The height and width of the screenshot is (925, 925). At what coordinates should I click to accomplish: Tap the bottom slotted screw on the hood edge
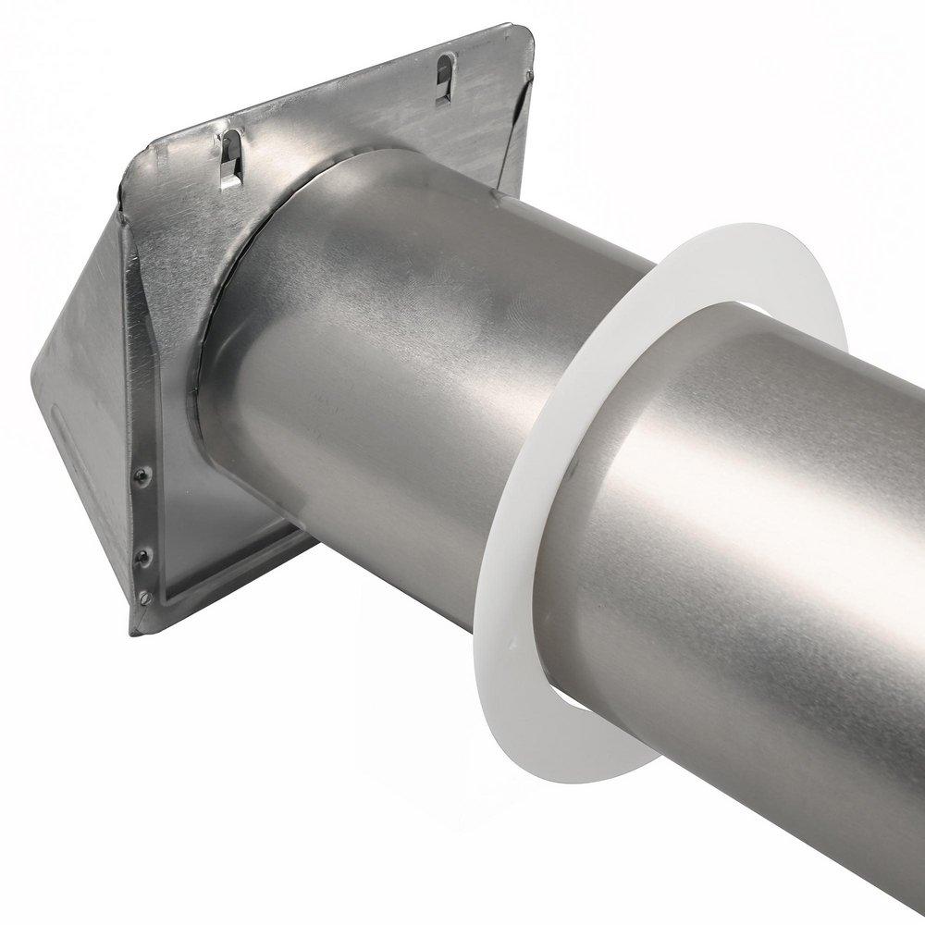(145, 598)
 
